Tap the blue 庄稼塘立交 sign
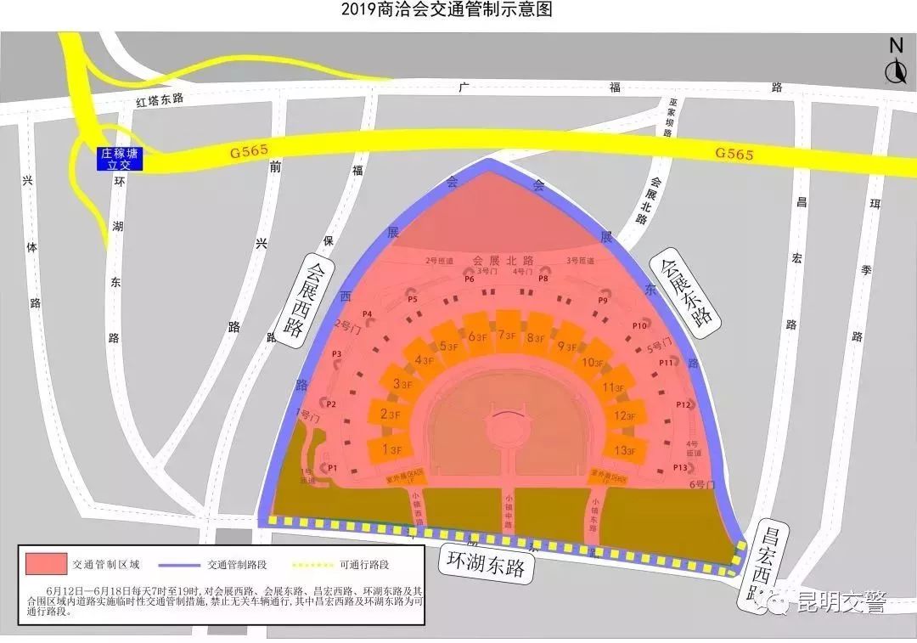pos(119,159)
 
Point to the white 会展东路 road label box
pos(684,294)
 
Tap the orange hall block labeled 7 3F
pos(508,333)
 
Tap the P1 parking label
pos(333,467)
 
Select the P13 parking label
pos(679,467)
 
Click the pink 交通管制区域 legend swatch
pos(46,562)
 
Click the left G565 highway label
pos(249,152)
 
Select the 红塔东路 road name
pos(160,99)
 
